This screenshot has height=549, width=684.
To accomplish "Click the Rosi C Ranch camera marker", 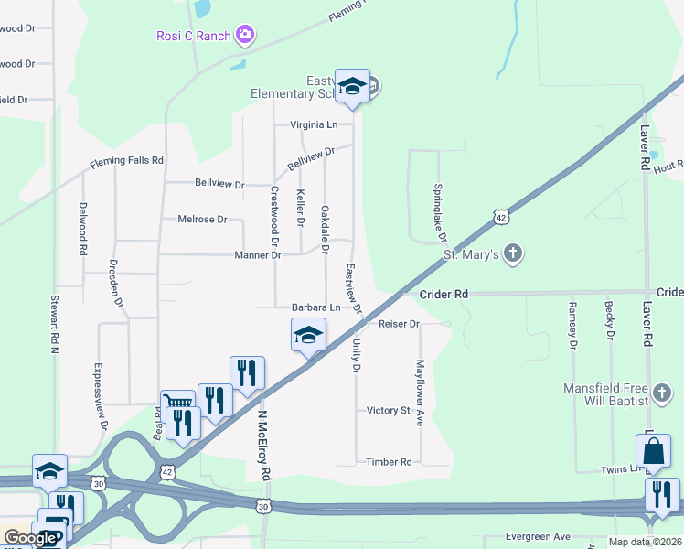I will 244,36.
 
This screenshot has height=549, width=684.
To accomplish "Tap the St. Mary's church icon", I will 513,253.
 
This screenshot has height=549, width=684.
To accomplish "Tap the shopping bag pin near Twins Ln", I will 653,451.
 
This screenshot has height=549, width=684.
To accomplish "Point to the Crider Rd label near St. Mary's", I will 444,294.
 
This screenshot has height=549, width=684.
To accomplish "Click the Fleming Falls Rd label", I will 126,161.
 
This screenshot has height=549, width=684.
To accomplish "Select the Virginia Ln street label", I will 314,124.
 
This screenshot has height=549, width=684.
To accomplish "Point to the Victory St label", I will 388,411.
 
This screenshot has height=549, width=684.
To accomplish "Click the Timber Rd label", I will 389,463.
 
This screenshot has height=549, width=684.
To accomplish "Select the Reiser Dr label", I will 399,324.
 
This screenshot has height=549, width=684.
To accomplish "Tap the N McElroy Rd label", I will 264,445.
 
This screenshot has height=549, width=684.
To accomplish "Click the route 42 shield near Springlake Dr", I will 499,217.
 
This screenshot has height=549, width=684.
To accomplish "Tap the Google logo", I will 29,538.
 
